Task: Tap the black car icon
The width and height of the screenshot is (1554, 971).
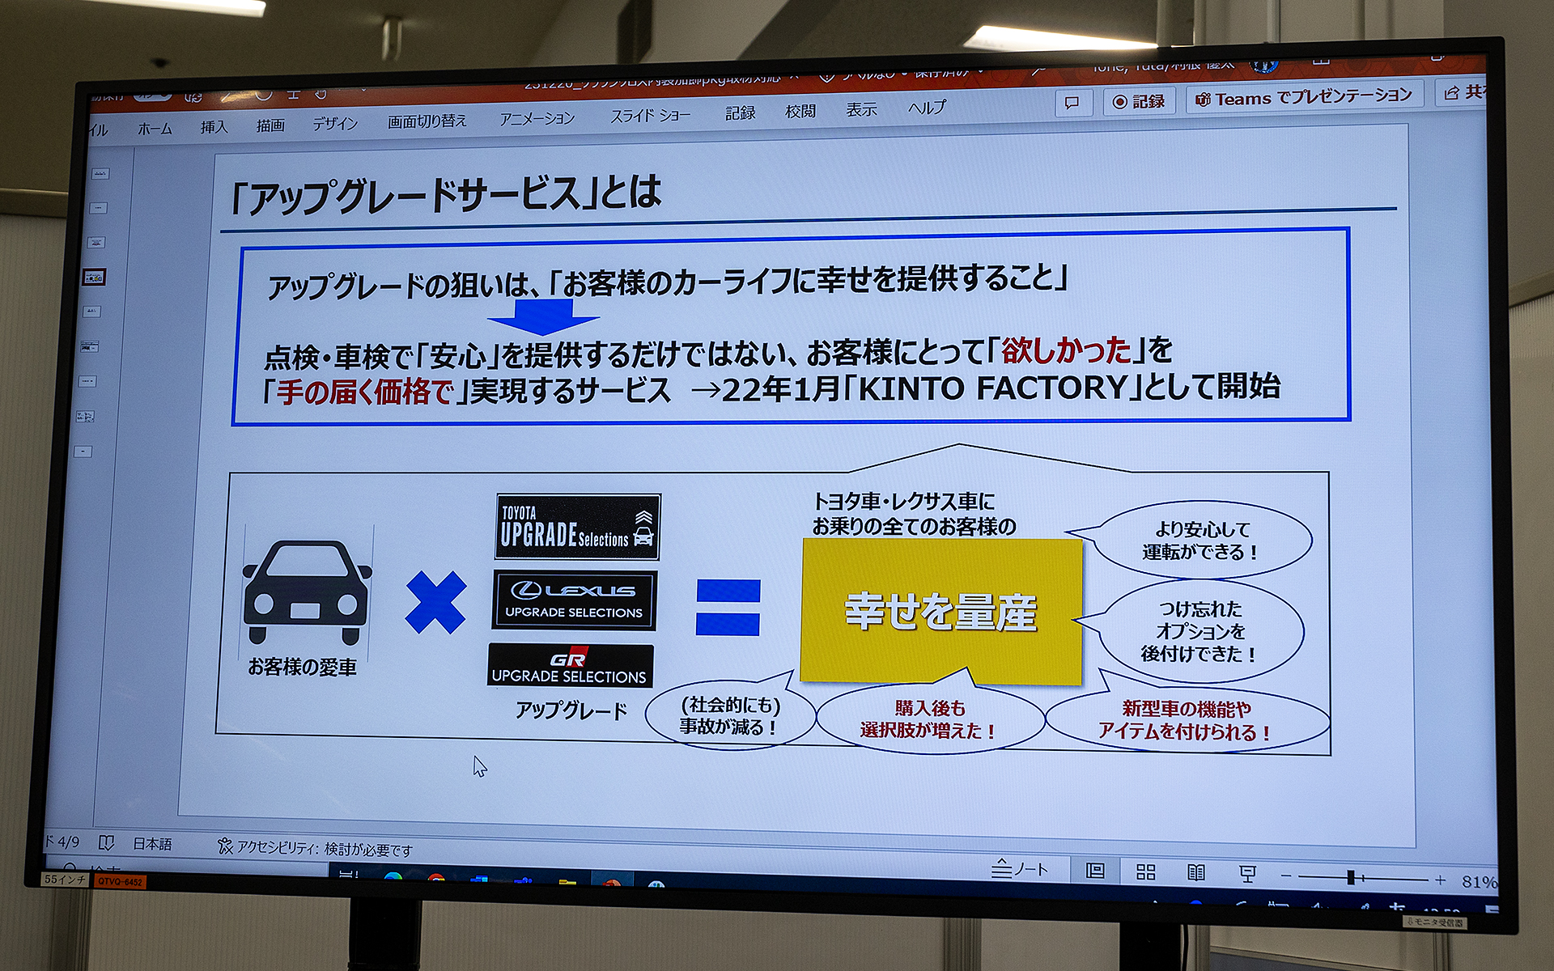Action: [307, 592]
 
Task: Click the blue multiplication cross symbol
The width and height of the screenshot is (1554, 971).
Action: [435, 602]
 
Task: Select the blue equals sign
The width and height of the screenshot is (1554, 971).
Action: [728, 607]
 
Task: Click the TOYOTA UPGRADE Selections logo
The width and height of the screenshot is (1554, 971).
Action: [577, 527]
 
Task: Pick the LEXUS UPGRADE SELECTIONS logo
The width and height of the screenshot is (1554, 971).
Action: [574, 600]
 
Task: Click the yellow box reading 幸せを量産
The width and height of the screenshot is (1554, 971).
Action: [940, 611]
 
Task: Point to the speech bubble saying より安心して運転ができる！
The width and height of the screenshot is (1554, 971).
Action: [1201, 541]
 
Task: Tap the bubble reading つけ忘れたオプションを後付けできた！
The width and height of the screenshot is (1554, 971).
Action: [1199, 631]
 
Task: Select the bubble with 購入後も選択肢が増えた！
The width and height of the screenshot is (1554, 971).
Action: [928, 719]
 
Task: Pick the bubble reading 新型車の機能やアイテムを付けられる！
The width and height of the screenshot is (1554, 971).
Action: [1186, 720]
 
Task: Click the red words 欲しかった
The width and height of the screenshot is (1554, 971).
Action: [1065, 350]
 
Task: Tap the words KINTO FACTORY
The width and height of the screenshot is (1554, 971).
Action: [991, 388]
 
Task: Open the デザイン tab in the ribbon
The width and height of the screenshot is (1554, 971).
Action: [335, 124]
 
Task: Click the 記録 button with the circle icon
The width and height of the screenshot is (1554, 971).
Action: [1139, 102]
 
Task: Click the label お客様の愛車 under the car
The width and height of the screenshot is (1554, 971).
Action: [302, 667]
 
